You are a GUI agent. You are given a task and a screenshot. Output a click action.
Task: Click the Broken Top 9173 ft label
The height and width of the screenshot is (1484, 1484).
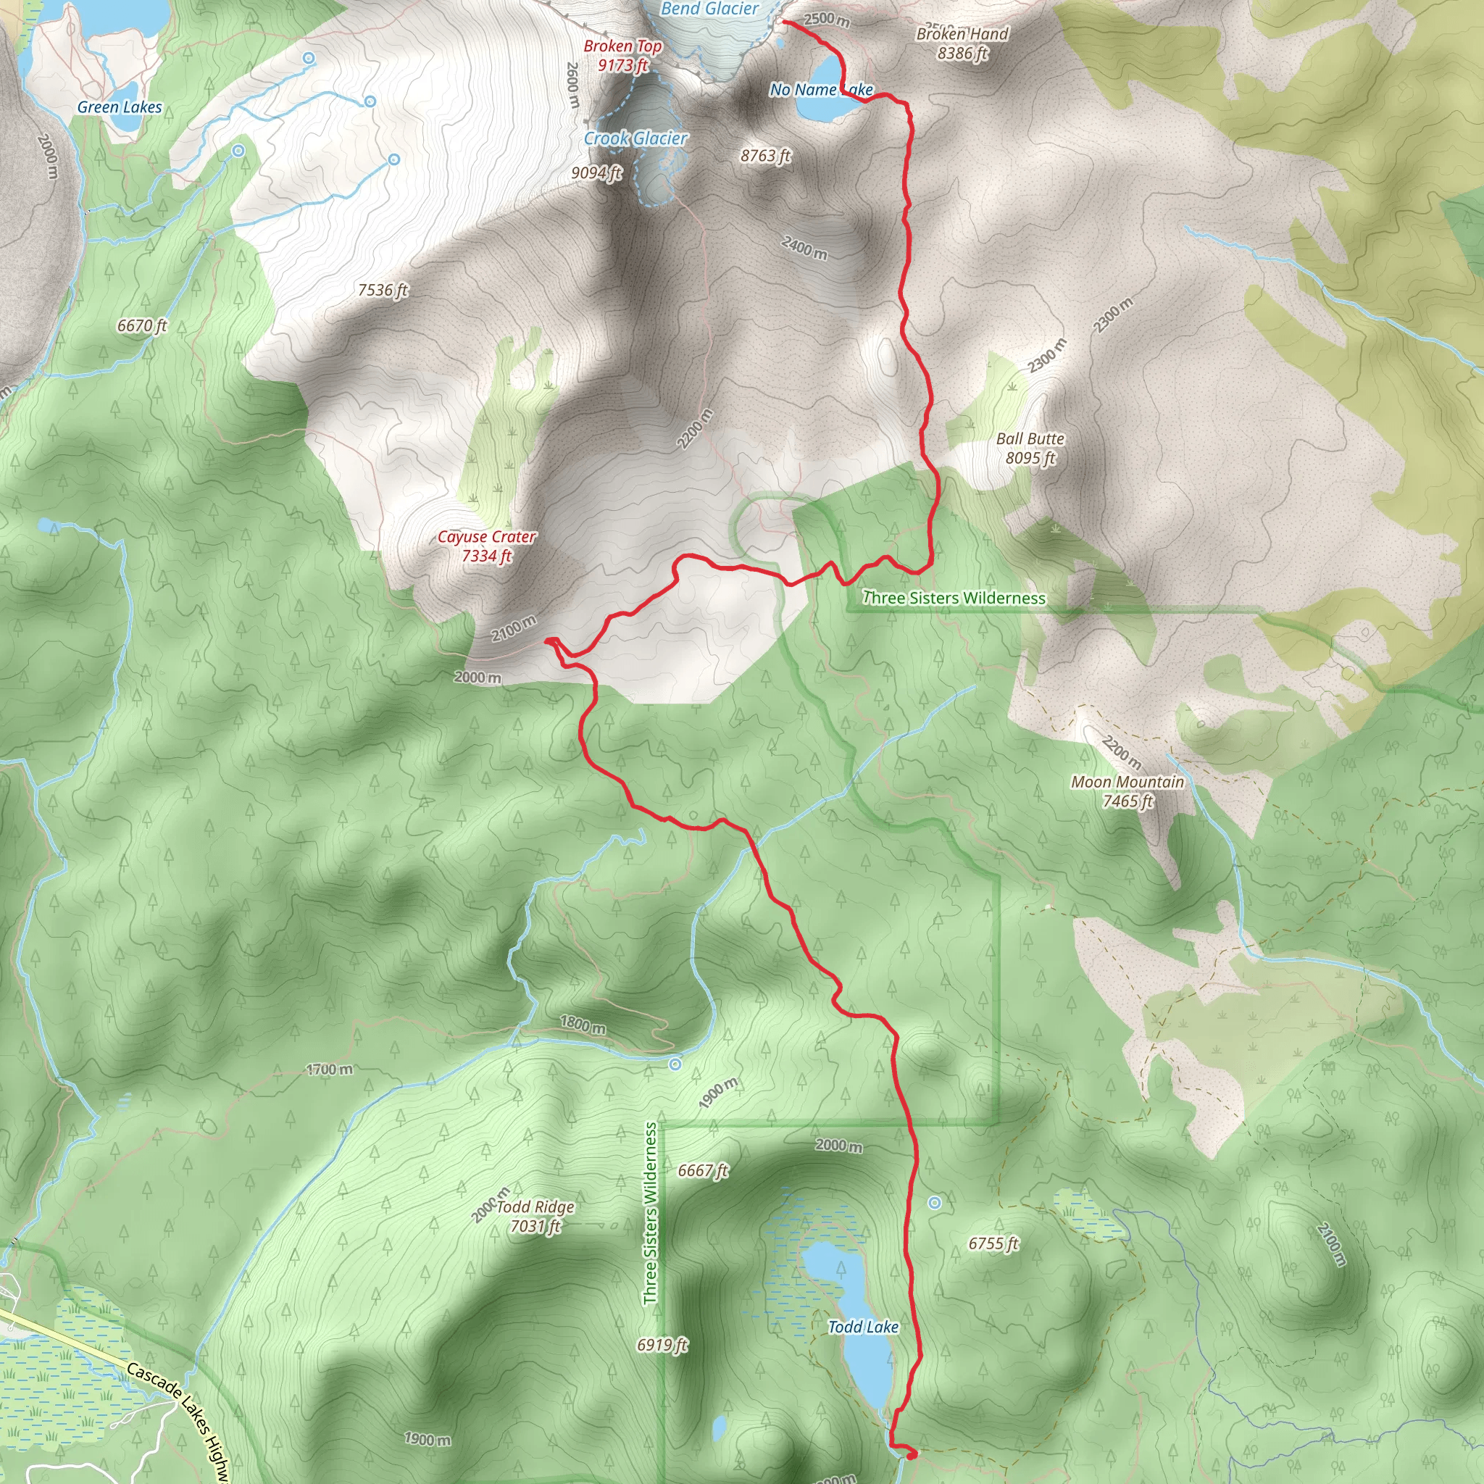pyautogui.click(x=622, y=55)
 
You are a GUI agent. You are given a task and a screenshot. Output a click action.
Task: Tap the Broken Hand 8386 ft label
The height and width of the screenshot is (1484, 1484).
pyautogui.click(x=962, y=43)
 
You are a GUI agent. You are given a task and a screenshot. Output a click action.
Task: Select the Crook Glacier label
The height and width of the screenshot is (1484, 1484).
pyautogui.click(x=635, y=138)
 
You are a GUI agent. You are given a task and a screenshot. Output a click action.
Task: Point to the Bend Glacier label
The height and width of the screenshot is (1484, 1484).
pyautogui.click(x=709, y=9)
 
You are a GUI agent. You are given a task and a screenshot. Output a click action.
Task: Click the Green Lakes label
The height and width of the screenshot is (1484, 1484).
pyautogui.click(x=119, y=107)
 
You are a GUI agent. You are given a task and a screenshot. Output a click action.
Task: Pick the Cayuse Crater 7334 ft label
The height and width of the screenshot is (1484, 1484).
pyautogui.click(x=486, y=546)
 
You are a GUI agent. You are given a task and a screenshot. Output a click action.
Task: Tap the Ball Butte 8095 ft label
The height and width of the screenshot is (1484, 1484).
pyautogui.click(x=1030, y=448)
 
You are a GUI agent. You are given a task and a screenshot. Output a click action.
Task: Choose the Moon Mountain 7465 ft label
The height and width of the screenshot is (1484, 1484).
pyautogui.click(x=1127, y=791)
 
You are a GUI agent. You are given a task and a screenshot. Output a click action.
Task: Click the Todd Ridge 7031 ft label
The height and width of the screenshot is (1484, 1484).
pyautogui.click(x=535, y=1216)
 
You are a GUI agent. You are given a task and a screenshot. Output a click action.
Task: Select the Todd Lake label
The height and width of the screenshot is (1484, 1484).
pyautogui.click(x=862, y=1327)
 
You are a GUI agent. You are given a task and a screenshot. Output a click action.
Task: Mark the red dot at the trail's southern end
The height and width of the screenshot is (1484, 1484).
pyautogui.click(x=911, y=1454)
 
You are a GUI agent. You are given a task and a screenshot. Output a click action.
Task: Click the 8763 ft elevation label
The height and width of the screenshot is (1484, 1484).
pyautogui.click(x=765, y=156)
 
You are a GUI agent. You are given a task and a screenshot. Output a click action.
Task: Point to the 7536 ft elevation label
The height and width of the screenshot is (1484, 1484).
pyautogui.click(x=383, y=290)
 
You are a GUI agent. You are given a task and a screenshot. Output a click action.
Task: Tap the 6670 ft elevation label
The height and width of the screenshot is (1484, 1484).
pyautogui.click(x=142, y=325)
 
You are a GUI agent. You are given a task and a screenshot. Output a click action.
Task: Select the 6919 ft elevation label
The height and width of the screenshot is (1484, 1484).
pyautogui.click(x=662, y=1344)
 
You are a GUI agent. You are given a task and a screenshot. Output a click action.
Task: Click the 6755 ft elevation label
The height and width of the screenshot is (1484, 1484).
pyautogui.click(x=993, y=1243)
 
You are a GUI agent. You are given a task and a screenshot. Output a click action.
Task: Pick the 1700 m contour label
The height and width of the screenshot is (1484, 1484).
pyautogui.click(x=330, y=1070)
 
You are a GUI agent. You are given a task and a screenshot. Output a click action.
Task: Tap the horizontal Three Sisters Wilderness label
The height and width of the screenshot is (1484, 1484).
pyautogui.click(x=954, y=598)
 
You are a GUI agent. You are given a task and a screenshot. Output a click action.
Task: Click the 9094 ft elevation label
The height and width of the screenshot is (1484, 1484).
pyautogui.click(x=596, y=173)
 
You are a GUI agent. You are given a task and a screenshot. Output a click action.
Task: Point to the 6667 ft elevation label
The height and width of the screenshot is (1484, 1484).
pyautogui.click(x=703, y=1170)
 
